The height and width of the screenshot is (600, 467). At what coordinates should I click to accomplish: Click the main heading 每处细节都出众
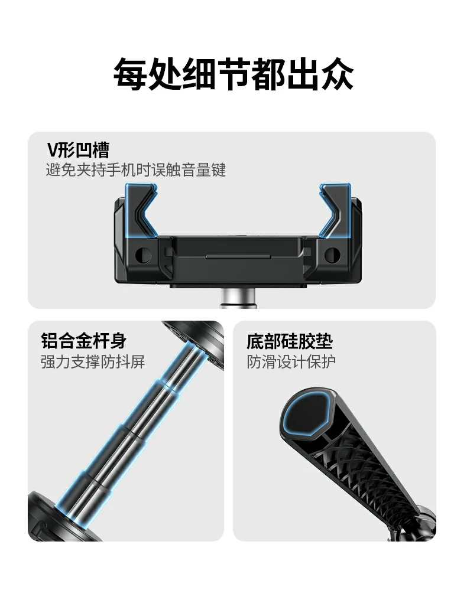[233, 74]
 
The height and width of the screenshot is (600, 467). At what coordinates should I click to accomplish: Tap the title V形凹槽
[78, 150]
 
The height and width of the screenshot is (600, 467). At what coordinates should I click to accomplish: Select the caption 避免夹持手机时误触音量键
[136, 171]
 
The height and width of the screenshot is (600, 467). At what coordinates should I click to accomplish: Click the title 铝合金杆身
[83, 341]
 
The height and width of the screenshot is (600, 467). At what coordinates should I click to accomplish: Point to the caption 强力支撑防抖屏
[93, 361]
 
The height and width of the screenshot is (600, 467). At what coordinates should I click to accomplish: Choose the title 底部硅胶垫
[289, 341]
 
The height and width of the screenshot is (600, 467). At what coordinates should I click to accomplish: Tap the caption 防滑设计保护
[291, 361]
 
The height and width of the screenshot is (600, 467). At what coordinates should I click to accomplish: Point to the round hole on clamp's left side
[141, 255]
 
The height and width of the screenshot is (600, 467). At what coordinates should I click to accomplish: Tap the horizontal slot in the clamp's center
[238, 257]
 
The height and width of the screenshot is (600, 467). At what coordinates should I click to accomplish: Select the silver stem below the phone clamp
[238, 298]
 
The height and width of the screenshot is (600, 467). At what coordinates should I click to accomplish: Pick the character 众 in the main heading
[336, 74]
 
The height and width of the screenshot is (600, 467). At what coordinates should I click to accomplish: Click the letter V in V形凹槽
[52, 150]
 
